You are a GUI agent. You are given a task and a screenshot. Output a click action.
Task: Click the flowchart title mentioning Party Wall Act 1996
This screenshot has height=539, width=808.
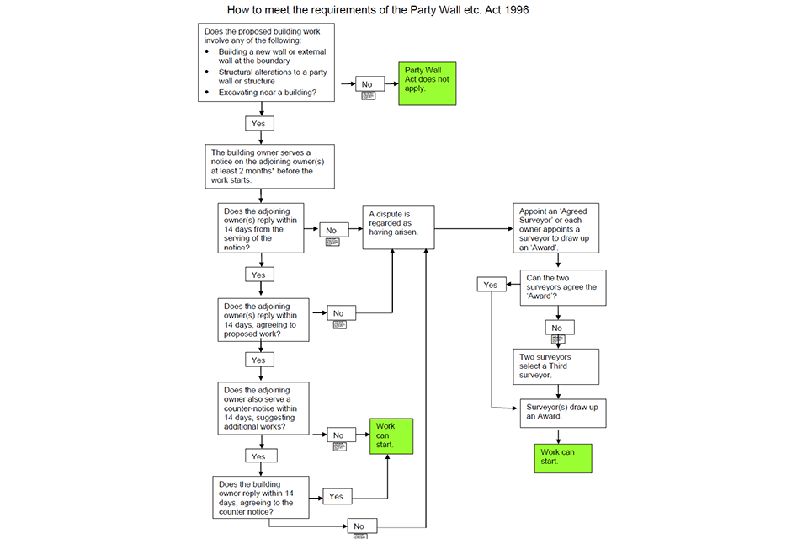[x=379, y=10]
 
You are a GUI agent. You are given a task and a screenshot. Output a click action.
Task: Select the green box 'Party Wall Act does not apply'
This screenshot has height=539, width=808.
[x=427, y=83]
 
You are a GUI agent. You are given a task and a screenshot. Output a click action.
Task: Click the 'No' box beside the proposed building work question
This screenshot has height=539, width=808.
[x=368, y=84]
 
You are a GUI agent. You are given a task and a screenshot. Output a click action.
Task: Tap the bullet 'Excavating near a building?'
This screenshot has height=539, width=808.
[x=268, y=92]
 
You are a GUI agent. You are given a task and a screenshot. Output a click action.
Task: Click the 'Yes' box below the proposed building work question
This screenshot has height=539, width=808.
[x=258, y=123]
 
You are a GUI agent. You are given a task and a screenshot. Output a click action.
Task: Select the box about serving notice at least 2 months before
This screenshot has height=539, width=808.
[x=269, y=166]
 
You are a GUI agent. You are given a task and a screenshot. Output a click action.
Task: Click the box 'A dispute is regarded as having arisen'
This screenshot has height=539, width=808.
[x=398, y=227]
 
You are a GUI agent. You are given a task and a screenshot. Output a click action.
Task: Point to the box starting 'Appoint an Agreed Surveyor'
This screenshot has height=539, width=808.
[x=556, y=227]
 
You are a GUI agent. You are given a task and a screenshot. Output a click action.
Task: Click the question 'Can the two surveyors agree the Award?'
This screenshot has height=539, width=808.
[x=561, y=287]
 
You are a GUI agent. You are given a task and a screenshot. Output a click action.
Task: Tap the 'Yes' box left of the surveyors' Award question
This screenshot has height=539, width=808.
[x=491, y=285]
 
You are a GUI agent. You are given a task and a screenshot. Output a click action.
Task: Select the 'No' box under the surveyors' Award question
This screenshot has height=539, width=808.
[x=556, y=328]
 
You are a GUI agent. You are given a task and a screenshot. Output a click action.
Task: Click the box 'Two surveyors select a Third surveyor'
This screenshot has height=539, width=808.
[x=556, y=366]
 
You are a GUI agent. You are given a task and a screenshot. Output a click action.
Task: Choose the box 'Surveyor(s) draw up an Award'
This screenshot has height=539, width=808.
[x=559, y=412]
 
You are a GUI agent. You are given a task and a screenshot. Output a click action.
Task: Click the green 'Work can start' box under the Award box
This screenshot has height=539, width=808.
[x=562, y=458]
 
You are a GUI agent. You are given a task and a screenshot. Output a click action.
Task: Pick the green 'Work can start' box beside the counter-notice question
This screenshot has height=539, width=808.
[x=392, y=436]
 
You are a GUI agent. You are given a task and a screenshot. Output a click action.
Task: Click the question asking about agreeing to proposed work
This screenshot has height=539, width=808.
[x=264, y=320]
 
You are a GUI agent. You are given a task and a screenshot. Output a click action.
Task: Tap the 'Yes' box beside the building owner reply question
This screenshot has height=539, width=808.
[x=336, y=496]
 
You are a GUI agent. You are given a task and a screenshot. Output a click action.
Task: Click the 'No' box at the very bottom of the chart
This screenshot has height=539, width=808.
[x=359, y=526]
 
